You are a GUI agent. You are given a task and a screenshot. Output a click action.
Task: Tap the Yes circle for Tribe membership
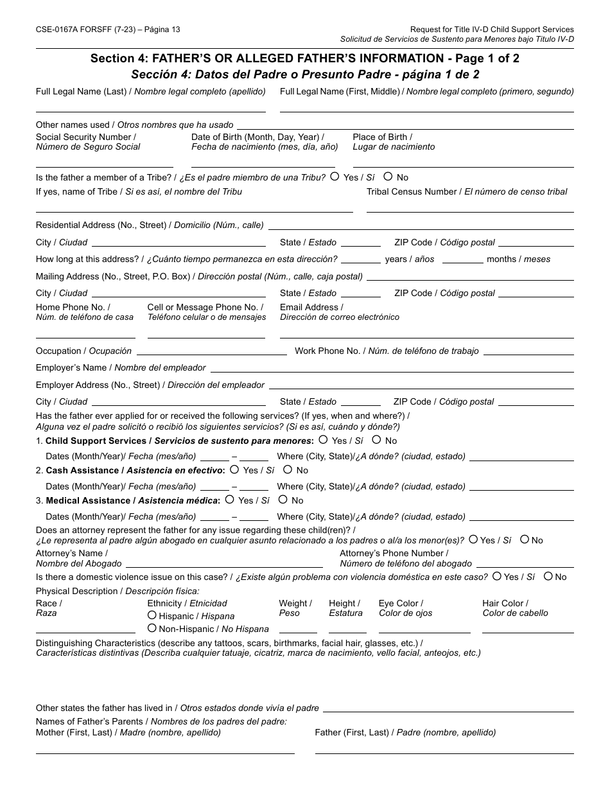click(x=335, y=177)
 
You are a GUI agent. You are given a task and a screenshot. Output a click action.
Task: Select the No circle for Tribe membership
click(x=388, y=177)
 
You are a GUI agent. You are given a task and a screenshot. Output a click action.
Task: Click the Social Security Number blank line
click(x=104, y=166)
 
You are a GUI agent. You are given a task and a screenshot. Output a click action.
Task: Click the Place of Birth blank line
click(x=462, y=166)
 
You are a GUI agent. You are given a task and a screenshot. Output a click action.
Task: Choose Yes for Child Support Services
click(x=323, y=440)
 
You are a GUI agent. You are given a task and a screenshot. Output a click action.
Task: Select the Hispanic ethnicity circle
click(x=152, y=615)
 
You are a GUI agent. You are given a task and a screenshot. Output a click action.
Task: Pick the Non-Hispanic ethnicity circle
click(x=152, y=628)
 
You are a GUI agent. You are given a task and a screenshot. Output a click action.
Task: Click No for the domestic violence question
click(x=548, y=576)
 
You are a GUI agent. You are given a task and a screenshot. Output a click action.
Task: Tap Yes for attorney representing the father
click(x=473, y=540)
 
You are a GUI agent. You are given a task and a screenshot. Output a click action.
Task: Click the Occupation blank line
click(x=211, y=354)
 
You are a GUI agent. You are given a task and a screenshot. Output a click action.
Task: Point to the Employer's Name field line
click(x=392, y=371)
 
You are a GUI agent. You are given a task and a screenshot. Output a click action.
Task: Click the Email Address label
click(x=311, y=307)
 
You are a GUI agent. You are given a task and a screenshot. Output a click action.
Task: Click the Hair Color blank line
click(x=527, y=632)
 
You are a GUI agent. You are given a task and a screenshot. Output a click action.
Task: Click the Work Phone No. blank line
click(x=528, y=354)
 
